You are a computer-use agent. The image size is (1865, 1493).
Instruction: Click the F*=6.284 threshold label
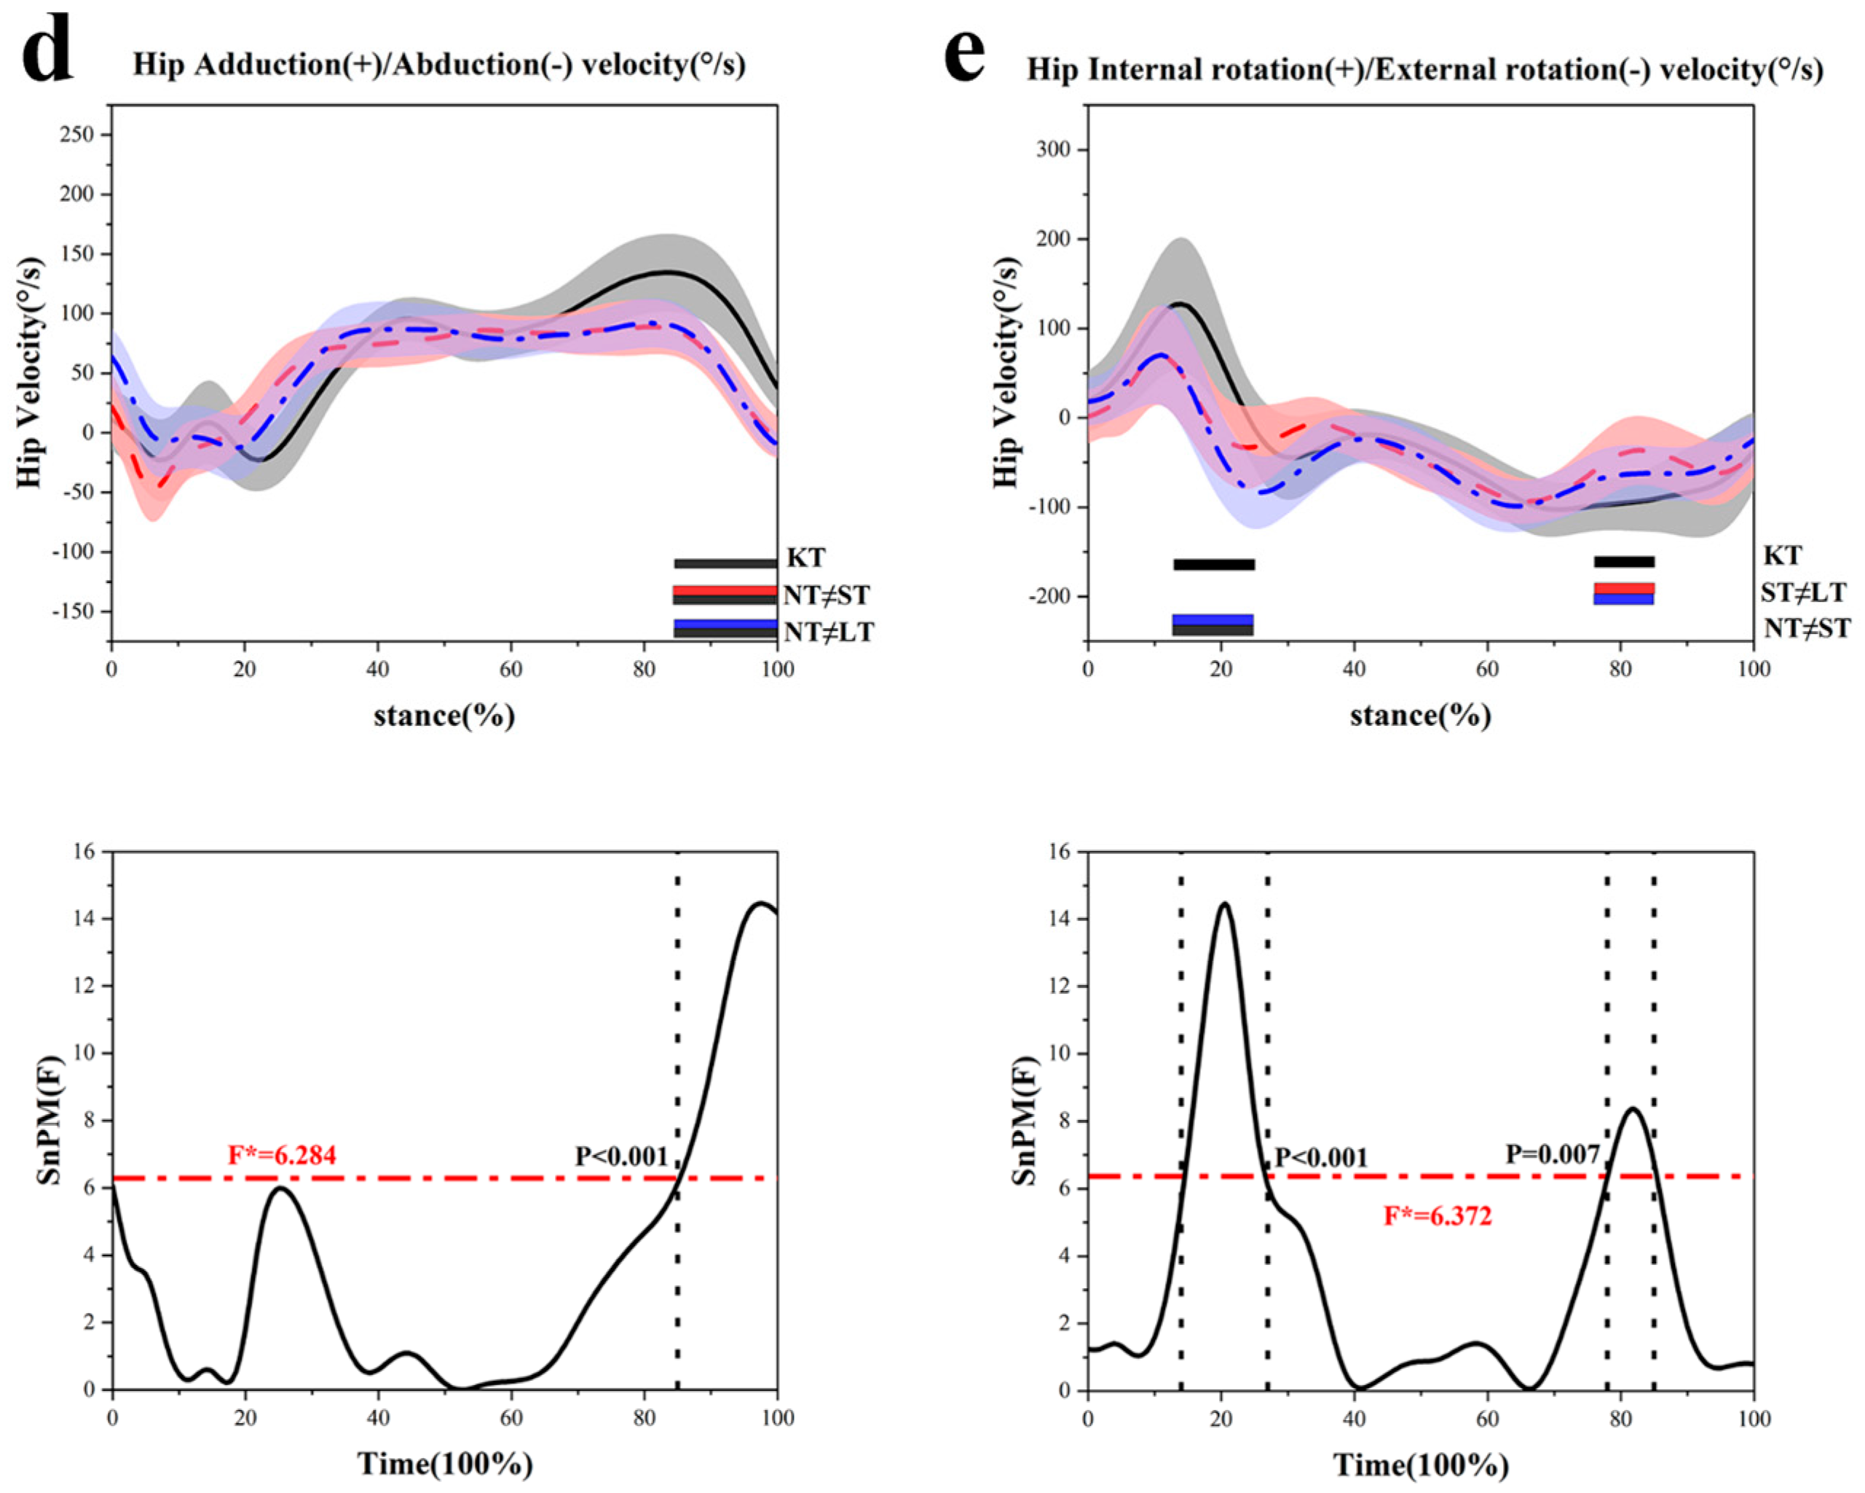point(282,1155)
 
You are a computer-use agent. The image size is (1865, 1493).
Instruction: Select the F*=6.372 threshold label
point(1438,1216)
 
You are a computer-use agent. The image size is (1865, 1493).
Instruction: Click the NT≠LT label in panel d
point(828,632)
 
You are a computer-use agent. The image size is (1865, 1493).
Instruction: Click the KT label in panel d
point(805,557)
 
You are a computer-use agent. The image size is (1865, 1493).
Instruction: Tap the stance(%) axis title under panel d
point(443,716)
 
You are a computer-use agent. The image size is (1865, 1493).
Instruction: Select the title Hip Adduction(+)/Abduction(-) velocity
point(438,66)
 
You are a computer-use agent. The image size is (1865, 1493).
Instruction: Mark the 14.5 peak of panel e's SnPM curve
point(1224,904)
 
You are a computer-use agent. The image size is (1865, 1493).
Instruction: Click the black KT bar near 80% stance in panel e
point(1624,562)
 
